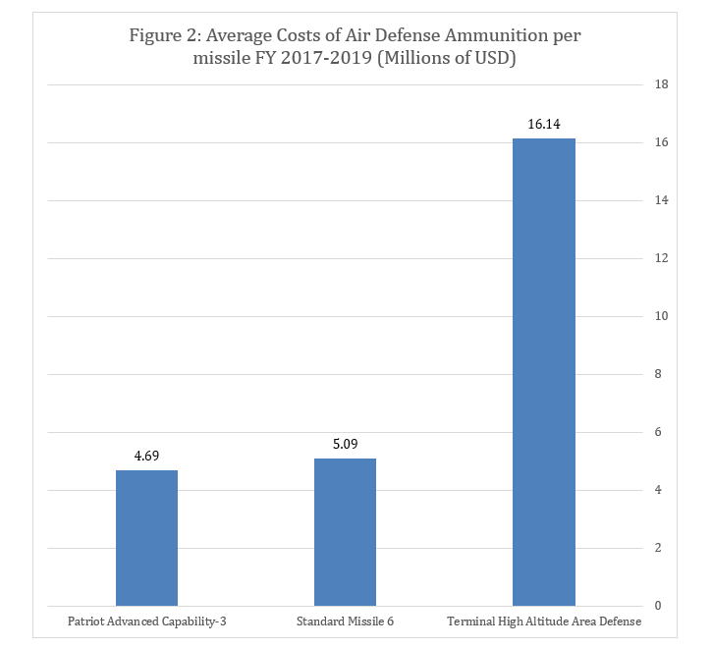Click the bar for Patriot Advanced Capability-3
[146, 537]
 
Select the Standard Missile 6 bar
[345, 531]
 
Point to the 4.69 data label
[146, 456]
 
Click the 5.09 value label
[345, 444]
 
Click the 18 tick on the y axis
[661, 85]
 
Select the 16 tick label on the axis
[661, 143]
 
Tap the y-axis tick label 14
[661, 201]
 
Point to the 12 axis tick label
[661, 259]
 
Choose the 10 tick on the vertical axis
[661, 317]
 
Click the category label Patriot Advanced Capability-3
[146, 622]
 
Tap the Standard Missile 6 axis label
[345, 622]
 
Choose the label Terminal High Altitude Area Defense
[543, 622]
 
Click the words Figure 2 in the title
[163, 36]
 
